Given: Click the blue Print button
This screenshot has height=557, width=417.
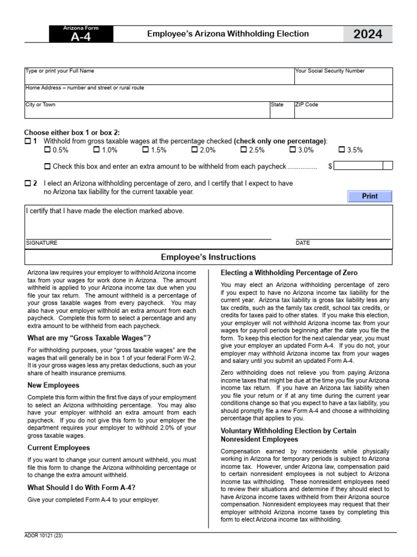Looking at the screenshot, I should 370,196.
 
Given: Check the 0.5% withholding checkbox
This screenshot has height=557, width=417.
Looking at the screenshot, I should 47,150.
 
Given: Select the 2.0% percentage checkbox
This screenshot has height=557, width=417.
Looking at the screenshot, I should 194,150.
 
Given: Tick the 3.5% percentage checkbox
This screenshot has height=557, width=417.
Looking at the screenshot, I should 342,150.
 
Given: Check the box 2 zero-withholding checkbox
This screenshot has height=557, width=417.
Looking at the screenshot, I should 28,183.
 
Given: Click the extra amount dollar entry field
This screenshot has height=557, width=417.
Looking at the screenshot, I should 359,166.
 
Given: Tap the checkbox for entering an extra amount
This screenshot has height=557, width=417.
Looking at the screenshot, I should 47,166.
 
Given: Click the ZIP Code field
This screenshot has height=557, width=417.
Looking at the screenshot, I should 343,112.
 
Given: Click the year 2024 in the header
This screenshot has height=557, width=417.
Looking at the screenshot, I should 368,34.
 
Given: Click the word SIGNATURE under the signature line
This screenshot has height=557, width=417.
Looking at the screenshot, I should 41,243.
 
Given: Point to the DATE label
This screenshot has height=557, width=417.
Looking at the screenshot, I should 303,243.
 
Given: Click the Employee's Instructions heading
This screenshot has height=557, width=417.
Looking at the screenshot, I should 208,257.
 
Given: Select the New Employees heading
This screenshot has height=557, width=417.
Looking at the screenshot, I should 54,385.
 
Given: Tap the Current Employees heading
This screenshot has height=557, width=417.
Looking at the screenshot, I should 59,448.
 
